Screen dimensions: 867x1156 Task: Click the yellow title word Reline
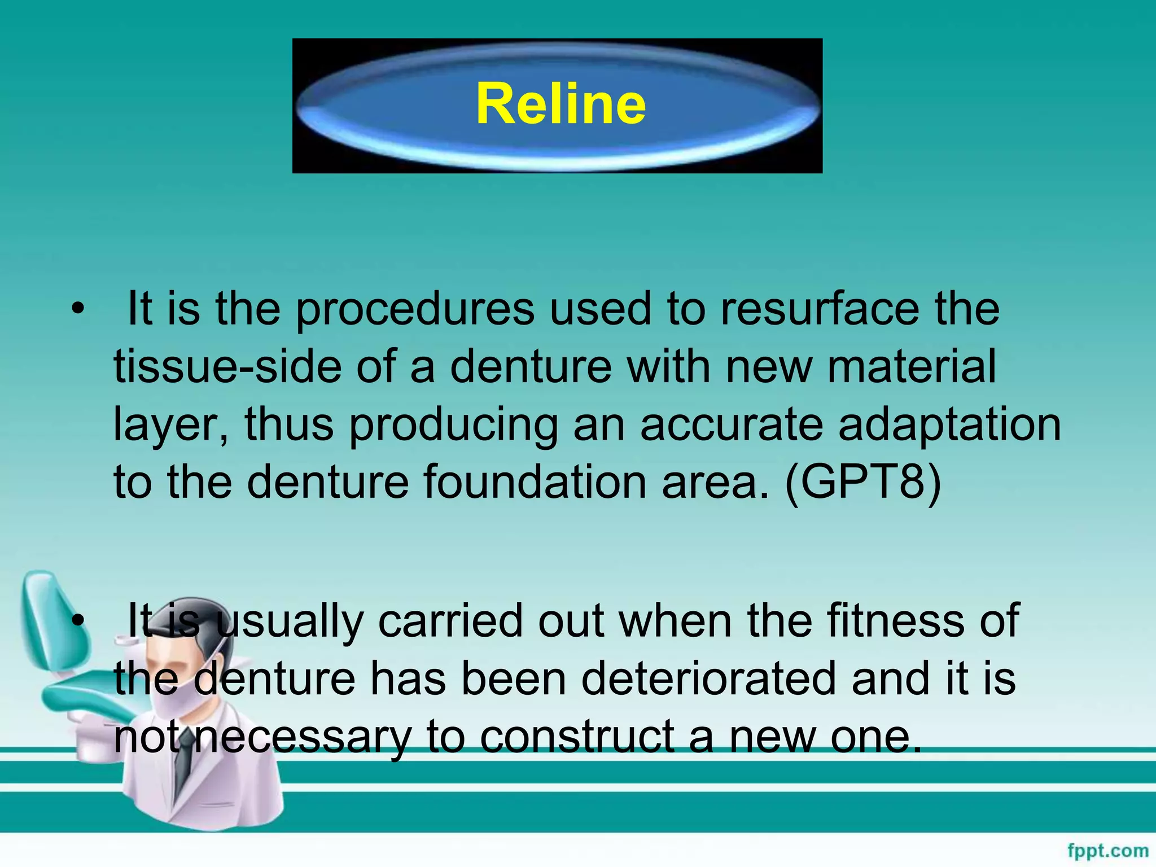[561, 104]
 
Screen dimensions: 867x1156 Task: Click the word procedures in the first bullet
[415, 310]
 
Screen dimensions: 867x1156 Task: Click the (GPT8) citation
[863, 483]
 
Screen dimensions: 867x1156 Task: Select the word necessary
[302, 737]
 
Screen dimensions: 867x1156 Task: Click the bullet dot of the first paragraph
[78, 309]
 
